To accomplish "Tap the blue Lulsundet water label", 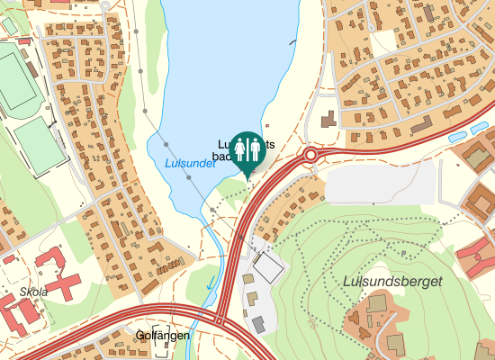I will point(190,163).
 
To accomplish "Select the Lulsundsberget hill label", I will point(392,282).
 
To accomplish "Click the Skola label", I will point(33,292).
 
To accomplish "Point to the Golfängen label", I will point(162,335).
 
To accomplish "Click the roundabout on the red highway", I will point(310,155).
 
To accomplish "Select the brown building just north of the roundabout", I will point(327,118).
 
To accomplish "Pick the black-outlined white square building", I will point(267,266).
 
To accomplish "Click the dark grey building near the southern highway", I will point(258,323).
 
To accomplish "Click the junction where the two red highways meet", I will point(220,319).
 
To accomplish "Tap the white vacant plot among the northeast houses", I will point(383,40).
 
